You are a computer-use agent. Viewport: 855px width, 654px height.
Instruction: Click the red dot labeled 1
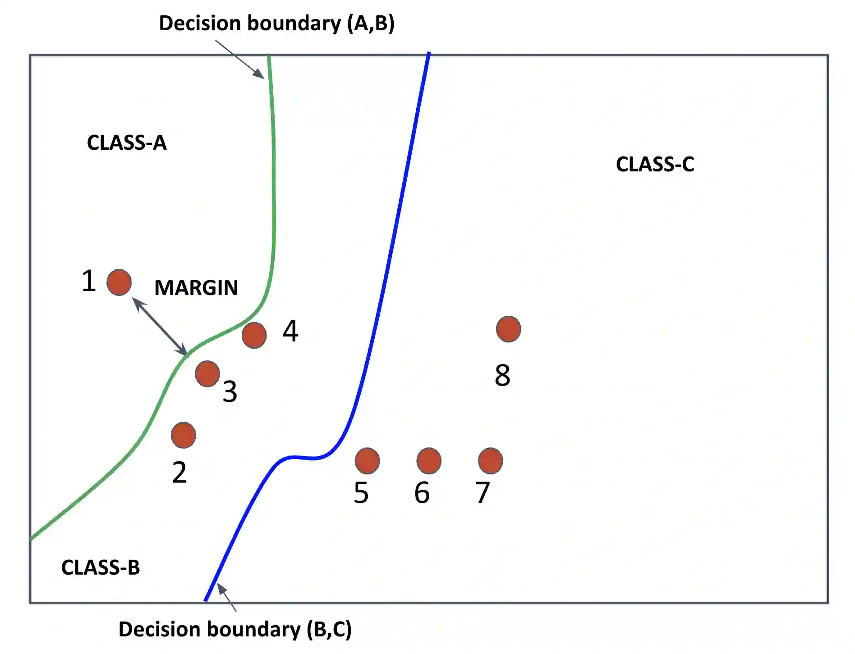[119, 282]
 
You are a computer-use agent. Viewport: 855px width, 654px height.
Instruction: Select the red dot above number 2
[184, 435]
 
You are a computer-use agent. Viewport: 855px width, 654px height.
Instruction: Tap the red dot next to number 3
[207, 374]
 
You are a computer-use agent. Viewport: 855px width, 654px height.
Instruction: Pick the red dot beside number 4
[254, 335]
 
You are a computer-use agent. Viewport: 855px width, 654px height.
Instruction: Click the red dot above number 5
[367, 461]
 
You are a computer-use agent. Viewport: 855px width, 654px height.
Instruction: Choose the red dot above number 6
[429, 461]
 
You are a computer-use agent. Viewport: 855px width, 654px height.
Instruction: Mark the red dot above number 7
[490, 461]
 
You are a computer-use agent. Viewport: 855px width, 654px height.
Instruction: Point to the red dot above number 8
[508, 329]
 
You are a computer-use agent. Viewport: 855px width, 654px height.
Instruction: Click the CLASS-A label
[127, 143]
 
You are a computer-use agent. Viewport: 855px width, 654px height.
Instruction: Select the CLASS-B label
[101, 567]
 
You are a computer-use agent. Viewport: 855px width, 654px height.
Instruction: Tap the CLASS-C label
[655, 164]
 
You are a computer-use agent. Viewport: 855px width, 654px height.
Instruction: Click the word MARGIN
[196, 288]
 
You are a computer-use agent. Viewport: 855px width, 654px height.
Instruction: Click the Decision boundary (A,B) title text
[276, 23]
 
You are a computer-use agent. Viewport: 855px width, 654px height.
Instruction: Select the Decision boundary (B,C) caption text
[235, 629]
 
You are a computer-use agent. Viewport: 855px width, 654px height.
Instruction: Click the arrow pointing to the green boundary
[239, 59]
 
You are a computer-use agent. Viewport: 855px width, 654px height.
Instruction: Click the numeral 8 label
[502, 375]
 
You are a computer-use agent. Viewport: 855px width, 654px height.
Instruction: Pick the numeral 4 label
[290, 331]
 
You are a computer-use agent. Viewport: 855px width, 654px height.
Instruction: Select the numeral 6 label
[422, 493]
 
